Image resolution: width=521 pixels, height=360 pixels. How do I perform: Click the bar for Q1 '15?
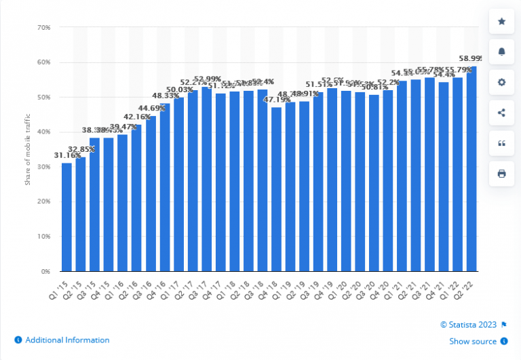pyautogui.click(x=66, y=217)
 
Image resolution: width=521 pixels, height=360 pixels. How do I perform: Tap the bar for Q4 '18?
pyautogui.click(x=276, y=189)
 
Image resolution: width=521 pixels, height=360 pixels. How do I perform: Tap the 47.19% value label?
pyautogui.click(x=275, y=100)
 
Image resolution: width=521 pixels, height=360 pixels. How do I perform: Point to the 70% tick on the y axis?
pyautogui.click(x=44, y=28)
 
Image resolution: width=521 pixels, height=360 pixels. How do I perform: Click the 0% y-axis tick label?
pyautogui.click(x=46, y=271)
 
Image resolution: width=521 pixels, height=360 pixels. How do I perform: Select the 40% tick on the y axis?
pyautogui.click(x=44, y=132)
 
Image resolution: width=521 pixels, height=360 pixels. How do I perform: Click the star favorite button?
pyautogui.click(x=501, y=22)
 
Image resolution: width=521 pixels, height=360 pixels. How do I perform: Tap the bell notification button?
pyautogui.click(x=501, y=52)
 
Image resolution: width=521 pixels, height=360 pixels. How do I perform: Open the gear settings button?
pyautogui.click(x=501, y=82)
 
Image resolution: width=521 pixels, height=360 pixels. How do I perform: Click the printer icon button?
pyautogui.click(x=501, y=174)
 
